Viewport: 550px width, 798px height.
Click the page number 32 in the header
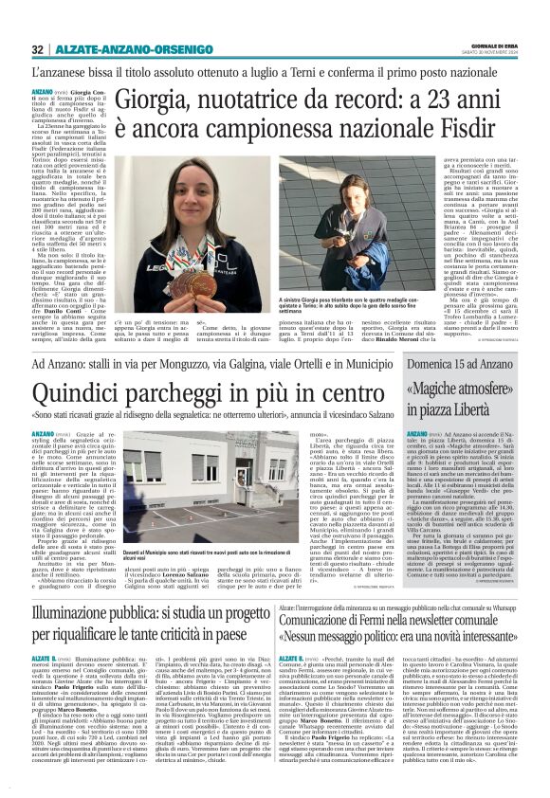38,49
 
